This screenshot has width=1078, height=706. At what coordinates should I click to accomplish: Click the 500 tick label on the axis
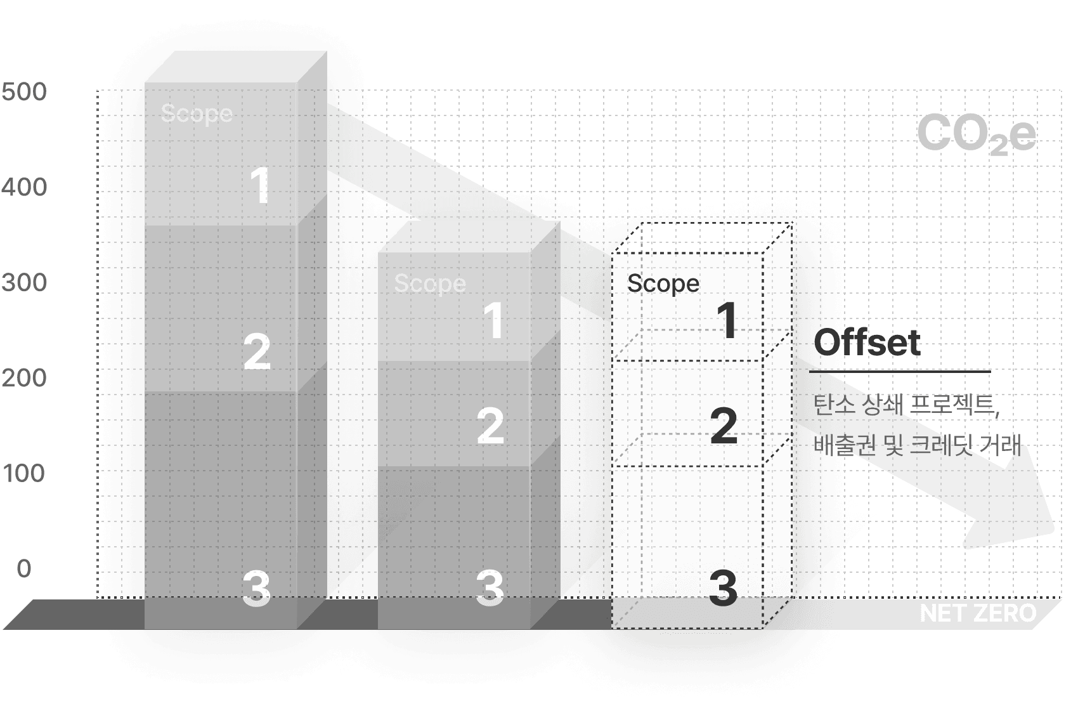[x=24, y=93]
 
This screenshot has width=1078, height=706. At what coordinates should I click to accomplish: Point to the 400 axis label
[x=24, y=188]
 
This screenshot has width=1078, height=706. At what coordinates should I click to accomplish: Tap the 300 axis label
[x=24, y=282]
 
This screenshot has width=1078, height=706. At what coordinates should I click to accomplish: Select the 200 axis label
[x=24, y=378]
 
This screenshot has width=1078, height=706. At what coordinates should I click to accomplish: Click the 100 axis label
[x=24, y=473]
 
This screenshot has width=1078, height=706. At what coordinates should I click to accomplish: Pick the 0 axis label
[x=24, y=568]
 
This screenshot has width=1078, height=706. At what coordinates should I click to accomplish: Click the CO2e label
[x=976, y=134]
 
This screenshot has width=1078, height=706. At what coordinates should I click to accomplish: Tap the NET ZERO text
[x=977, y=613]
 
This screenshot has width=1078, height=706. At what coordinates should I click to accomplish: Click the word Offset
[x=868, y=343]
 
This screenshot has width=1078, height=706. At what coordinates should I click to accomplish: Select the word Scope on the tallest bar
[x=197, y=114]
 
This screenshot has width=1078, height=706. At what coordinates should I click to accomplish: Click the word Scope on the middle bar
[x=430, y=284]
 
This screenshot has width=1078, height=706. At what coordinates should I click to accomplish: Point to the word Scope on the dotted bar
[x=663, y=284]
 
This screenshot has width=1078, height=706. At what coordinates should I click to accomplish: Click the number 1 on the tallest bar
[x=260, y=185]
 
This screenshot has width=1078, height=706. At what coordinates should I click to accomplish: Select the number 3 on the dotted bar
[x=723, y=587]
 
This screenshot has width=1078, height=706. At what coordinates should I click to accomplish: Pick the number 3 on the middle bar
[x=490, y=587]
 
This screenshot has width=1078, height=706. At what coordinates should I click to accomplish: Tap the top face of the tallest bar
[x=236, y=67]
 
